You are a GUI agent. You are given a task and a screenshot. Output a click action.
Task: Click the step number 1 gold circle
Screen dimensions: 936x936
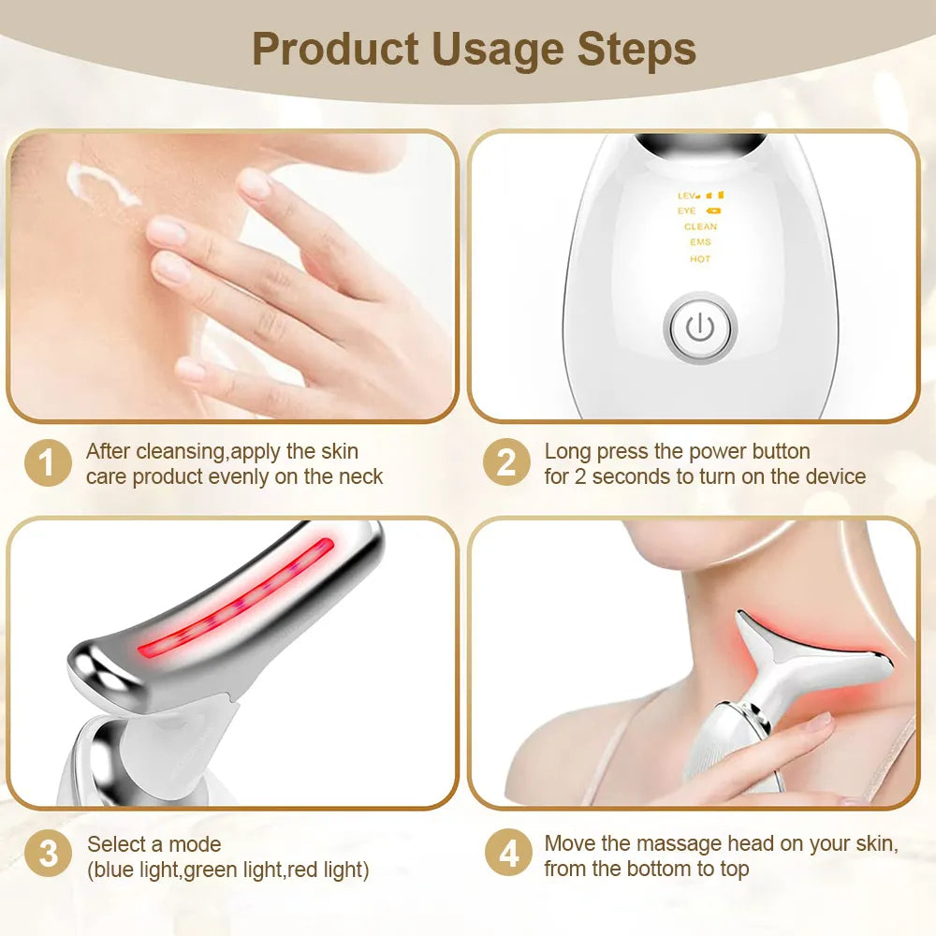48,463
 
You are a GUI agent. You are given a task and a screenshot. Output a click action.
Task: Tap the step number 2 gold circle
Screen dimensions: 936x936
506,463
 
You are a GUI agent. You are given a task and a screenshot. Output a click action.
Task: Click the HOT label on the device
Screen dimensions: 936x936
700,259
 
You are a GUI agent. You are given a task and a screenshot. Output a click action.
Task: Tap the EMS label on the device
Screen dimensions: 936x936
700,242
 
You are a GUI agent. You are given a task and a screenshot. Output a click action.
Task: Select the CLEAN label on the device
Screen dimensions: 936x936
700,227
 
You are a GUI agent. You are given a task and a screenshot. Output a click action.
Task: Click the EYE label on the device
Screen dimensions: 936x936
688,211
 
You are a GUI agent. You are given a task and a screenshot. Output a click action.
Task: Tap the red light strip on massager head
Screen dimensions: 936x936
239,598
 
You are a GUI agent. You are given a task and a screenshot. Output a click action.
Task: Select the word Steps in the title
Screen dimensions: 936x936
636,50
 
